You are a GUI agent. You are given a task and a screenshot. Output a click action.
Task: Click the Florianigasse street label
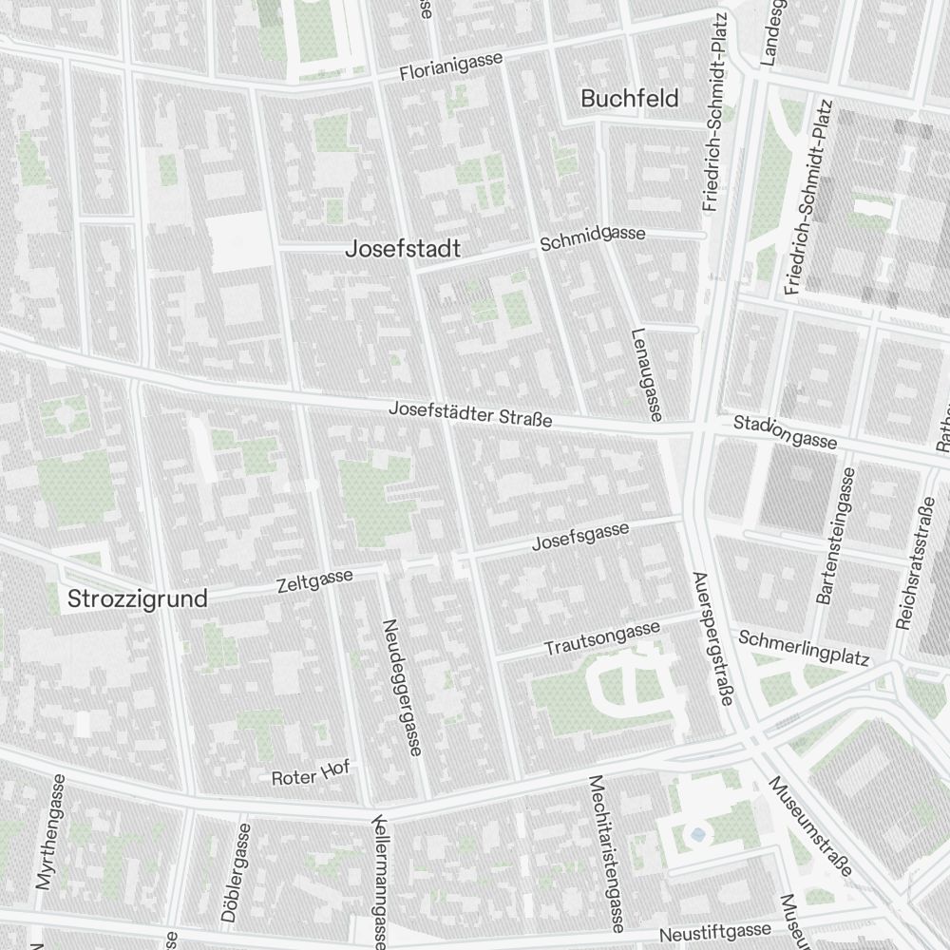[x=450, y=66]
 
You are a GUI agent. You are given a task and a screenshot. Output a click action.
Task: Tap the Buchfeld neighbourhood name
[x=629, y=98]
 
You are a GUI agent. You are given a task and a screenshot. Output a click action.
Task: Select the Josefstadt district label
[x=403, y=249]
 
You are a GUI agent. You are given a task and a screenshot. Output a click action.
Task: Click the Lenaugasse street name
[x=645, y=374]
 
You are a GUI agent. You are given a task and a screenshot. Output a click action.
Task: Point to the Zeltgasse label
[x=314, y=579]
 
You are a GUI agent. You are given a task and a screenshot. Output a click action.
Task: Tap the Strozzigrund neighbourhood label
[x=137, y=599]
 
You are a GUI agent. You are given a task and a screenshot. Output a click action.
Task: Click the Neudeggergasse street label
[x=400, y=688]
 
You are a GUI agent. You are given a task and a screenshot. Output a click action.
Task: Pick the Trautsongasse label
[x=601, y=638]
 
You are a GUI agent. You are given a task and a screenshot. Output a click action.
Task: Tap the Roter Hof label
[x=311, y=773]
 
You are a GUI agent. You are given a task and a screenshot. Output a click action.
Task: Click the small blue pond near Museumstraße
[x=699, y=835]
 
